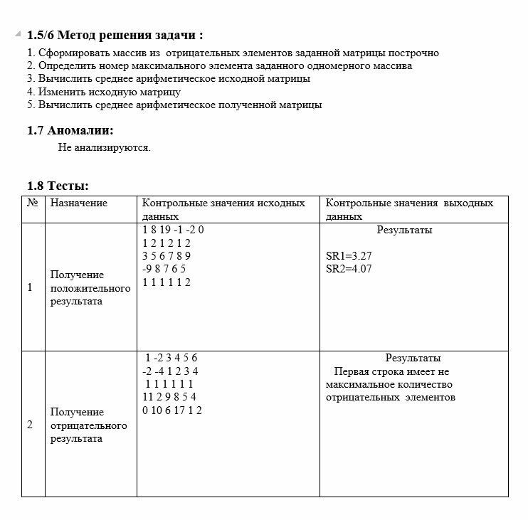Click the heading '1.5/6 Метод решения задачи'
[115, 36]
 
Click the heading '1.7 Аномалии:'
[70, 130]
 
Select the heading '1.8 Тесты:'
[58, 186]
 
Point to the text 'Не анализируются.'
[105, 148]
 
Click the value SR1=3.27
[349, 256]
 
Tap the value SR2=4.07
[349, 269]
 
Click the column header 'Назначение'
[78, 203]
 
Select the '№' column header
[32, 203]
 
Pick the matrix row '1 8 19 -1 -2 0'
[173, 230]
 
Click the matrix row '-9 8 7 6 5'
[164, 269]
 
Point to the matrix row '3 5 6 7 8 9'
[167, 256]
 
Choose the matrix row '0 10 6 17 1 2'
[172, 410]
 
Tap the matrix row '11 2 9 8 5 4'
[169, 397]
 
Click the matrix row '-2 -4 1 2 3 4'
[170, 371]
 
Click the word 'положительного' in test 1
[90, 288]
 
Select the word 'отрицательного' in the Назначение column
[89, 425]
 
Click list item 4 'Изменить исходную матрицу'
[104, 92]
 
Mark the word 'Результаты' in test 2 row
[413, 358]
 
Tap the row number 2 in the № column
[30, 425]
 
